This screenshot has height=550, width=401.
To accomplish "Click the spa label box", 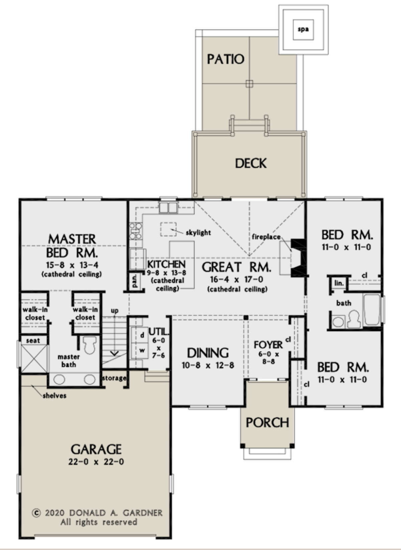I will [x=303, y=29].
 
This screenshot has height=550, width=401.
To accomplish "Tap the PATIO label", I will [x=226, y=59].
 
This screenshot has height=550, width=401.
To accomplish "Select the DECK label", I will [x=251, y=163].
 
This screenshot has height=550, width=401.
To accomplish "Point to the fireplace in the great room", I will [x=298, y=258].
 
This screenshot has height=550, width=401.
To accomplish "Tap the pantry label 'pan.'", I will [x=135, y=281].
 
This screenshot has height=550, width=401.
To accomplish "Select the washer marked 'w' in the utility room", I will [x=142, y=351].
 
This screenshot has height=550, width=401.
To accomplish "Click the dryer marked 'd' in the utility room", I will [x=142, y=335].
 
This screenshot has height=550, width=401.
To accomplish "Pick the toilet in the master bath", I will [x=89, y=345].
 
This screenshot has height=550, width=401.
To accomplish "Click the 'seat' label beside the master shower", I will [x=33, y=340].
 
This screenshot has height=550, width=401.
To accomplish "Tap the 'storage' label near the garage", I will [x=114, y=378].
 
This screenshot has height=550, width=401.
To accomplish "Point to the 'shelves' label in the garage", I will [x=54, y=396].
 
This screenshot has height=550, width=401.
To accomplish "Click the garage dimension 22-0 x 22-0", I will [x=96, y=462].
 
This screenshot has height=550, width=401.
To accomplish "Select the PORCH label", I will [x=267, y=423].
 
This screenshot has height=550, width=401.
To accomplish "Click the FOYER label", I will [x=268, y=345].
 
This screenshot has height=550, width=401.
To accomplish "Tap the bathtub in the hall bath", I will [x=372, y=309].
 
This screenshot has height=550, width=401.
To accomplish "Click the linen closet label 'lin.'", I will [x=339, y=283].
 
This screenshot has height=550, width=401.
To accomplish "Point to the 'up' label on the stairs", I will [x=115, y=311].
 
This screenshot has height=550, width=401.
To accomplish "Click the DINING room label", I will [x=208, y=353].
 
